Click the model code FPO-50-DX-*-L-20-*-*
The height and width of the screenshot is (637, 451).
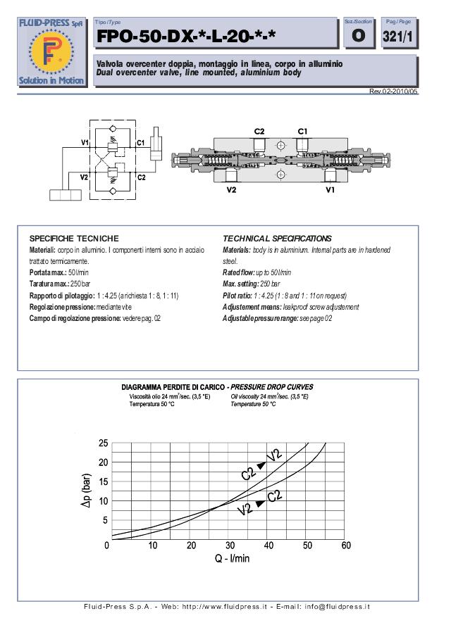(186, 36)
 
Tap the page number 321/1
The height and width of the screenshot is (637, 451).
(397, 36)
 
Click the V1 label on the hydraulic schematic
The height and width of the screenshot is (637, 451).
(85, 143)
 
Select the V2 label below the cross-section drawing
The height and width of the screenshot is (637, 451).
(232, 189)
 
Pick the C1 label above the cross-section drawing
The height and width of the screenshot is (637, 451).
(321, 132)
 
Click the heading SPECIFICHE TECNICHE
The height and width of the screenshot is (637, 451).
(74, 239)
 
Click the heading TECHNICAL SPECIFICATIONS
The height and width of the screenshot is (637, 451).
(277, 239)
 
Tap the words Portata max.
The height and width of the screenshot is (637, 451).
(48, 272)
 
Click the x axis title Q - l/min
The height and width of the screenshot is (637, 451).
(232, 559)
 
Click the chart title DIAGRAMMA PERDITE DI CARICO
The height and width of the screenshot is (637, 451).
(173, 387)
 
